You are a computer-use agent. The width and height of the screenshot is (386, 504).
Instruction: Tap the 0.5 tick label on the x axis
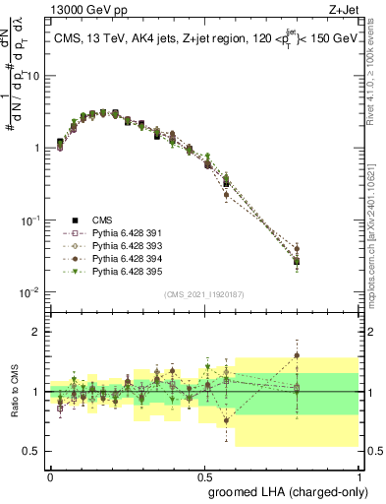click(204, 474)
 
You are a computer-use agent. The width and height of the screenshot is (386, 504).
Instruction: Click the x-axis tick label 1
click(358, 474)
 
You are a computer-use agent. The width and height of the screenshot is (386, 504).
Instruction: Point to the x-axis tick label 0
click(50, 474)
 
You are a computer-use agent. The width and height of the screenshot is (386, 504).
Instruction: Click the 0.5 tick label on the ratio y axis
click(31, 451)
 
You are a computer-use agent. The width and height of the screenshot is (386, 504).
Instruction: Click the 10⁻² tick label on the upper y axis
click(30, 292)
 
